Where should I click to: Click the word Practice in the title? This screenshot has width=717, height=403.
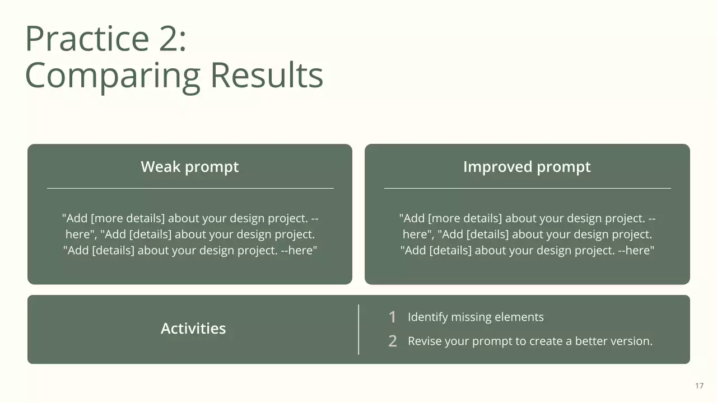[87, 39]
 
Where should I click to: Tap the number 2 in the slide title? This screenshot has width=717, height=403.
[169, 39]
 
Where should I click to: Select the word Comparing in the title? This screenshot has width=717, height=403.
[113, 77]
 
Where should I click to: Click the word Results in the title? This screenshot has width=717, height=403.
[267, 75]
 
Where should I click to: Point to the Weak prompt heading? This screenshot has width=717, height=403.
[190, 167]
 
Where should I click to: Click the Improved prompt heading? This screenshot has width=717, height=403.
[527, 167]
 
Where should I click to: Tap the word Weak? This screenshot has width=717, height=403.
[161, 166]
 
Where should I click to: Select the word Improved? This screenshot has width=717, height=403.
[498, 166]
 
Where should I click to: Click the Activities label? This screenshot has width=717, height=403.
[193, 328]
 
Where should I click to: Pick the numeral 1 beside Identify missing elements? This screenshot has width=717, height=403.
[393, 317]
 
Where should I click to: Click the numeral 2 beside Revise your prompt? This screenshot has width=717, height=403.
[393, 341]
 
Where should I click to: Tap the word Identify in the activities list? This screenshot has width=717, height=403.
[427, 317]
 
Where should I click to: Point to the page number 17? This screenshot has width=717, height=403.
[700, 386]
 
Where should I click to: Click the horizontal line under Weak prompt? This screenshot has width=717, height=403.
[190, 189]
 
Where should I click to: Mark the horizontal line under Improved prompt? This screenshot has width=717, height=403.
[528, 189]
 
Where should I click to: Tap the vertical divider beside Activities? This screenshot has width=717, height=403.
[358, 330]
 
